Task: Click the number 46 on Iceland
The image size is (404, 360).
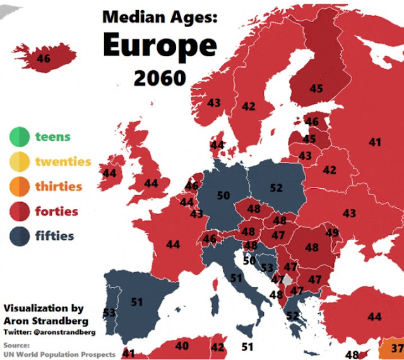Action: pos(44,59)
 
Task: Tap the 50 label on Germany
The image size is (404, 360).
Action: pos(223,196)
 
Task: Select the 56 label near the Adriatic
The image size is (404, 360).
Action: pos(249,260)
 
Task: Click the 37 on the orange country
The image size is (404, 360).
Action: pos(397,348)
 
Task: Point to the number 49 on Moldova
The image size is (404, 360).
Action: pos(332,234)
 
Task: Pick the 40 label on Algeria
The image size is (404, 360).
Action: pos(182,346)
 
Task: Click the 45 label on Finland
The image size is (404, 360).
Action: pos(316,89)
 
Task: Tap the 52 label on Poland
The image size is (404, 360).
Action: pos(276,188)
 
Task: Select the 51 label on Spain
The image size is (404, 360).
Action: pos(136,303)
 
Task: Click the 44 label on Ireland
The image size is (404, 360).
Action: pos(109,173)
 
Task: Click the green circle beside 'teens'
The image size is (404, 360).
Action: pos(20,136)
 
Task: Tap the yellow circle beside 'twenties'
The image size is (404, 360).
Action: pos(20,162)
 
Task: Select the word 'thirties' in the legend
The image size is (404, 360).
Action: pos(58,186)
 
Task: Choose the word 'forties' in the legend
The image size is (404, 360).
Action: pos(57,212)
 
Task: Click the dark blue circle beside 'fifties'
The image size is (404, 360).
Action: pos(20,237)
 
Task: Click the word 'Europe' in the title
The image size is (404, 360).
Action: pos(160,45)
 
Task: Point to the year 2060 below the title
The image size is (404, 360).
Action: pos(160,78)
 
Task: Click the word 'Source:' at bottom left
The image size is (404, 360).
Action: pos(16,345)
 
